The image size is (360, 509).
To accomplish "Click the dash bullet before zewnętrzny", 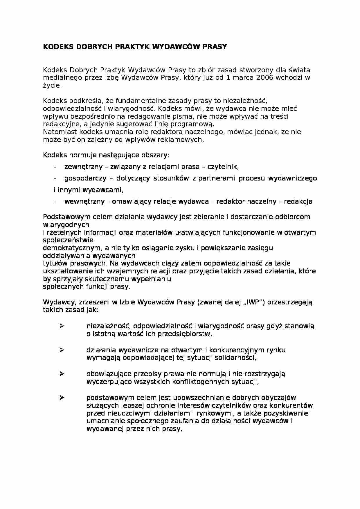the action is tap(55, 167).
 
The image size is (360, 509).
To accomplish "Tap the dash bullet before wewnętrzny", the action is tap(55, 202).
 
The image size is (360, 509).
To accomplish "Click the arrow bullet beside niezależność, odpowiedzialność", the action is tap(62, 326).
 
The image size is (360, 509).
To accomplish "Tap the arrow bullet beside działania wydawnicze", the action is tap(62, 350).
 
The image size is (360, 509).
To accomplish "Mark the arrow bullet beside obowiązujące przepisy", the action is tap(62, 374).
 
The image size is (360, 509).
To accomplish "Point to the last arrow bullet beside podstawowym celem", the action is tap(62, 398).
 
